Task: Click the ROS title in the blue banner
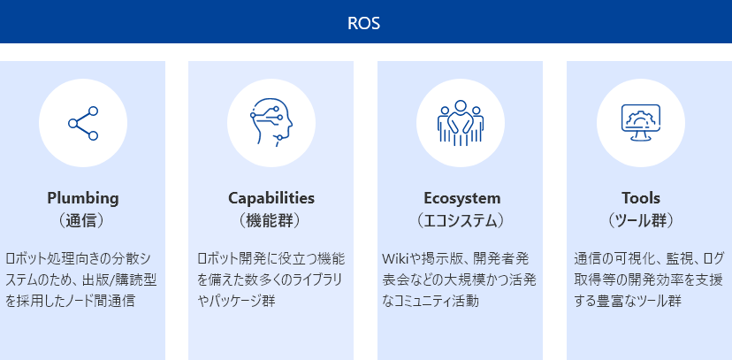pyautogui.click(x=363, y=23)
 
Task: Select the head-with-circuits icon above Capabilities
pyautogui.click(x=271, y=123)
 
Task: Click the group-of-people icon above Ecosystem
pyautogui.click(x=461, y=121)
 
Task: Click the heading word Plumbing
pyautogui.click(x=83, y=198)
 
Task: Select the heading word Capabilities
pyautogui.click(x=271, y=198)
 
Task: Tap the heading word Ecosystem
pyautogui.click(x=462, y=198)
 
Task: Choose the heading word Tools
pyautogui.click(x=640, y=198)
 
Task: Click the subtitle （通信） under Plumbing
pyautogui.click(x=82, y=221)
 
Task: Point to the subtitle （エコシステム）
pyautogui.click(x=461, y=221)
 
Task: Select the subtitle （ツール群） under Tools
pyautogui.click(x=640, y=221)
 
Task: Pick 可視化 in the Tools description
pyautogui.click(x=639, y=258)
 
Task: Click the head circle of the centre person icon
pyautogui.click(x=461, y=106)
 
